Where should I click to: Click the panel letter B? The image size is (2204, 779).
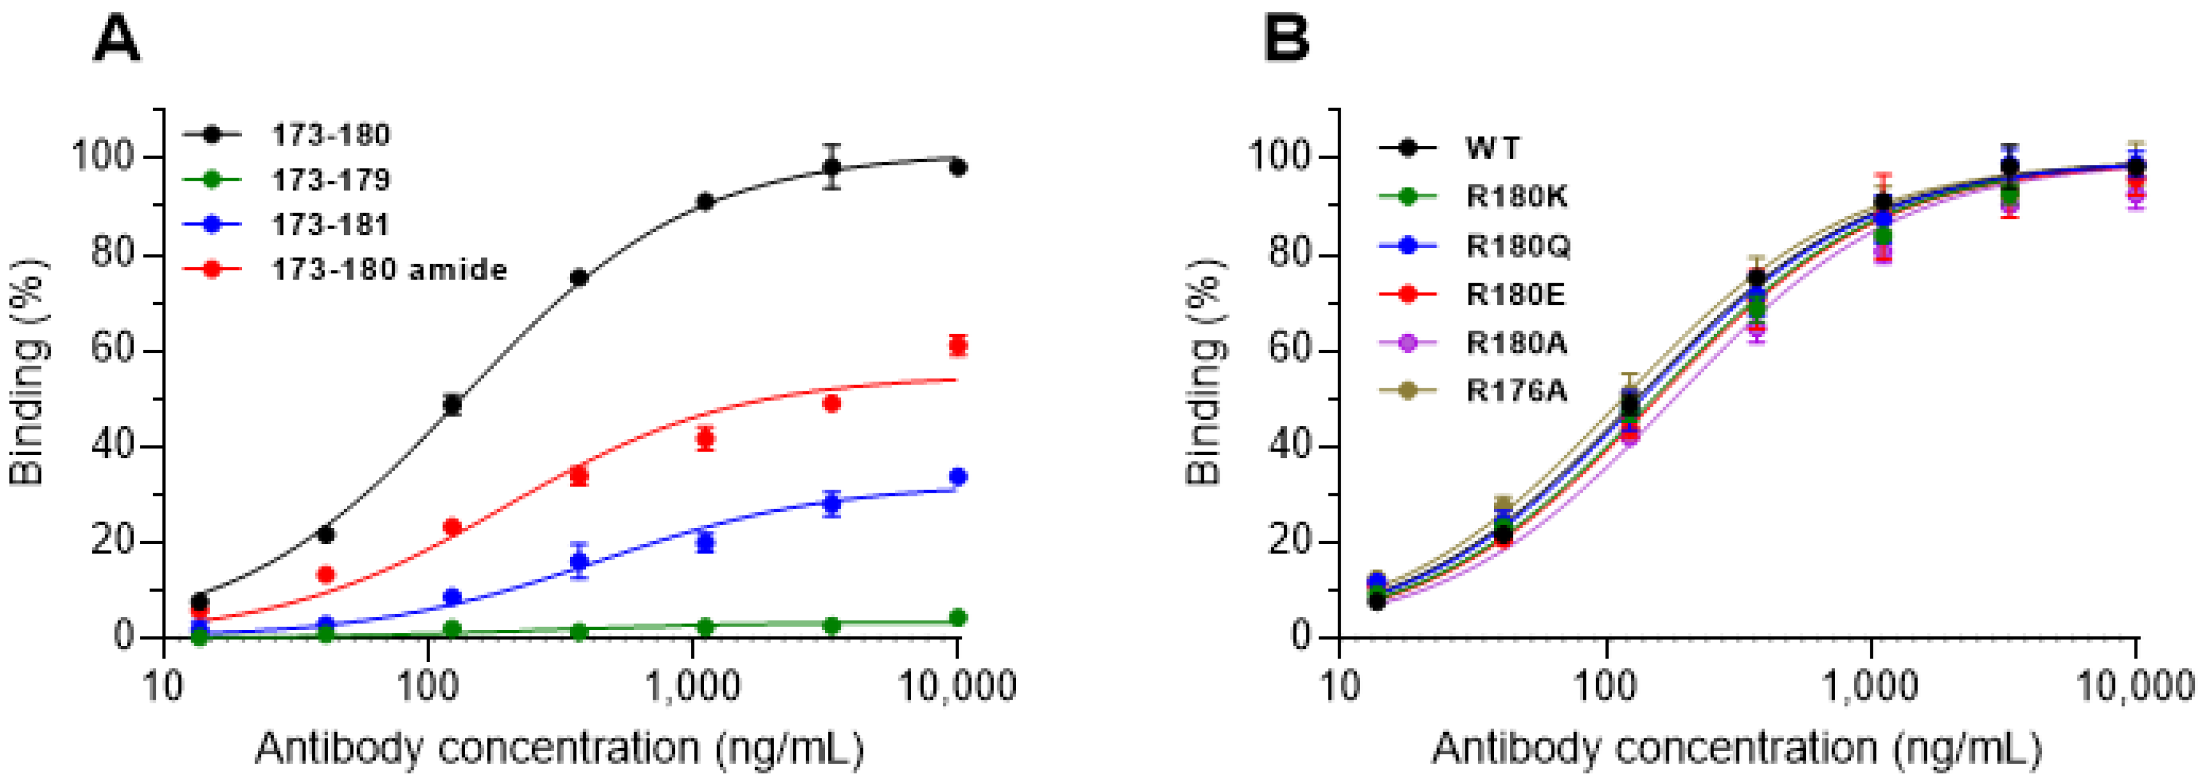click(1286, 41)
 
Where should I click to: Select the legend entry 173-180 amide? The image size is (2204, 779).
click(389, 270)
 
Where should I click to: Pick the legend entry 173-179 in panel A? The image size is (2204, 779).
click(330, 181)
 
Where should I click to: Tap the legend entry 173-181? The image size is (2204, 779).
click(330, 225)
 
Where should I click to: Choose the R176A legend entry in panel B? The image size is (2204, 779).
click(1516, 392)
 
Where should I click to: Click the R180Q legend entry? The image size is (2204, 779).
click(1518, 246)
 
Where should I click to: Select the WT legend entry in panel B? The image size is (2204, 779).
click(1493, 149)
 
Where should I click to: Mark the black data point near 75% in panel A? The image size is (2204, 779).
click(579, 278)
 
